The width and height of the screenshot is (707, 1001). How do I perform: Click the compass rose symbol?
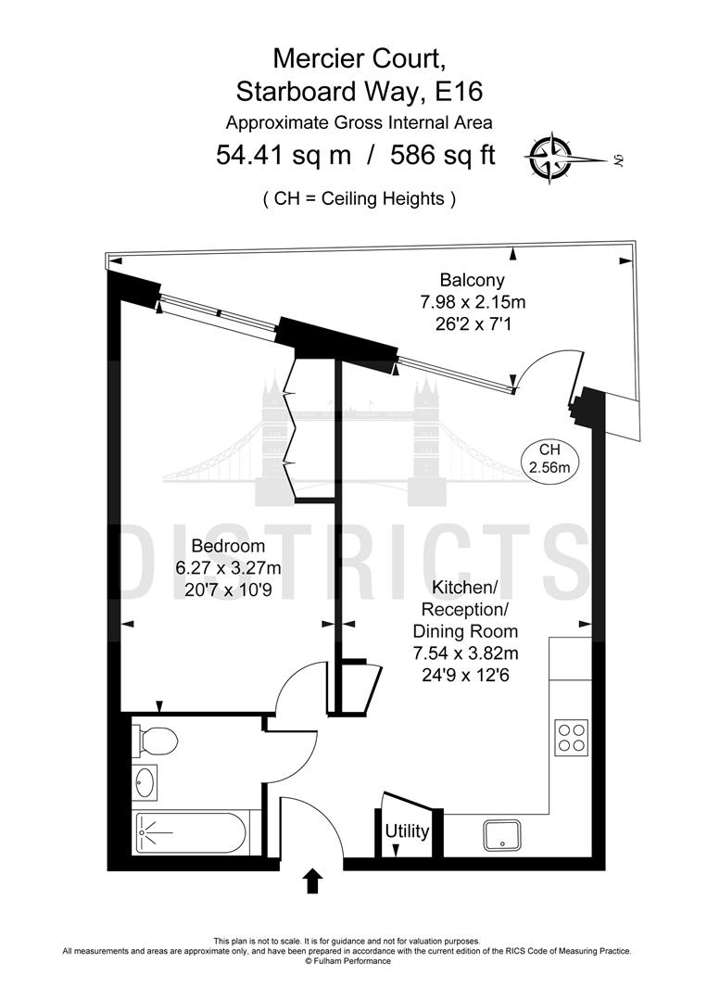[550, 158]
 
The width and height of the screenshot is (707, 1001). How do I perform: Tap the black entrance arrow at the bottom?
[313, 881]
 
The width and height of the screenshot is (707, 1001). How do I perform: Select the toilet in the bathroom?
[156, 740]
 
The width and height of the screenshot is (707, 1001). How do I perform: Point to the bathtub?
[190, 833]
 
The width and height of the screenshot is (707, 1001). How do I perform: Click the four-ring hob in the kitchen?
[571, 736]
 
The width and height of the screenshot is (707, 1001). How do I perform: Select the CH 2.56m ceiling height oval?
[549, 459]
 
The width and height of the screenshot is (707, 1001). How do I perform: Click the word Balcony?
[472, 280]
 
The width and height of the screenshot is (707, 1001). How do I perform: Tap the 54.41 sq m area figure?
[284, 154]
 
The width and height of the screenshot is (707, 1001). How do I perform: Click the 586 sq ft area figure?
[441, 154]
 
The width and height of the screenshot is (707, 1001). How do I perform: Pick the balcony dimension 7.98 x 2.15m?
[472, 301]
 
